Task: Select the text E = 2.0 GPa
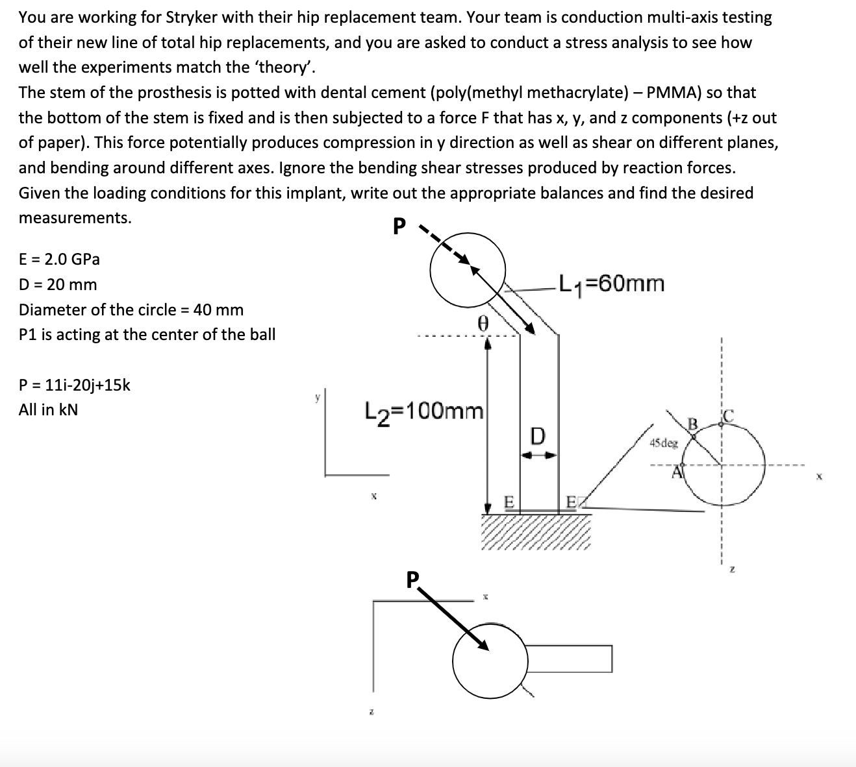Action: (59, 260)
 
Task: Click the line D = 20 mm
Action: (58, 285)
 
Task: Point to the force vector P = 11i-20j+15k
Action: (75, 385)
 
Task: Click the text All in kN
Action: (48, 410)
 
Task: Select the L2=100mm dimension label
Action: (425, 411)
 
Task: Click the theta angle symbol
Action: (482, 323)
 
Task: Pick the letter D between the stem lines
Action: (538, 435)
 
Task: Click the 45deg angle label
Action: (663, 443)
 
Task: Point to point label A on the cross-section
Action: (678, 472)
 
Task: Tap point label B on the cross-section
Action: (692, 424)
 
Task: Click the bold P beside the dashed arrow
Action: (399, 226)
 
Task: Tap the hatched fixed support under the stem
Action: (536, 532)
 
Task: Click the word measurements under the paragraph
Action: (75, 218)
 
